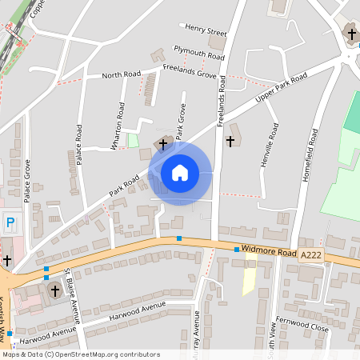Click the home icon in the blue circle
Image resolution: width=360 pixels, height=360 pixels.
[180, 172]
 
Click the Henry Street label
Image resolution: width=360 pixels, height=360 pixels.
[205, 31]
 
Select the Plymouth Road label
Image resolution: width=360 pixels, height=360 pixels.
[199, 53]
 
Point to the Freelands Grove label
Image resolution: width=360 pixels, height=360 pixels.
[190, 74]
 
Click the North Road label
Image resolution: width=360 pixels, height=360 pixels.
[121, 75]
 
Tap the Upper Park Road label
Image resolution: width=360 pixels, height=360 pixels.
[281, 89]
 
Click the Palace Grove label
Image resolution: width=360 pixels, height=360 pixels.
[27, 181]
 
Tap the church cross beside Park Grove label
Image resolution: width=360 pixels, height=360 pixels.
[164, 144]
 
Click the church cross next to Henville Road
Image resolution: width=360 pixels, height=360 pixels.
[231, 141]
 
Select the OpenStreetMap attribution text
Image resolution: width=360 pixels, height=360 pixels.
[80, 354]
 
